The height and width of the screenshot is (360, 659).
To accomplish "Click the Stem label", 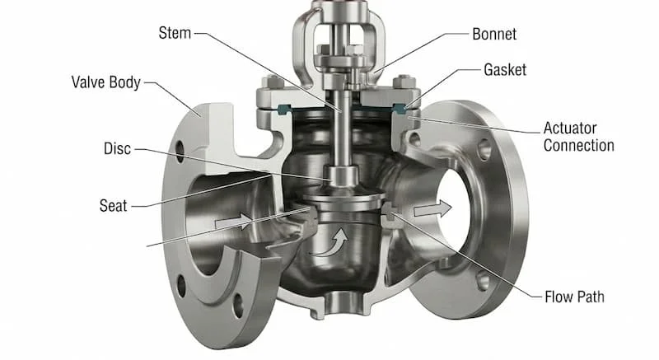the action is click(175, 33).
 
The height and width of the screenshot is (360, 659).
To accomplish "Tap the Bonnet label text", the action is click(494, 34).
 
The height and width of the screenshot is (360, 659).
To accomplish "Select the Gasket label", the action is click(505, 70).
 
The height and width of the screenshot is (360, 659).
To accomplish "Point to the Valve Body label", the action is click(106, 82).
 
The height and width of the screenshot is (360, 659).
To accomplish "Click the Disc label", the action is click(117, 149).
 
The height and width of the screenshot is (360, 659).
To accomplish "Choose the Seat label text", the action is click(113, 206).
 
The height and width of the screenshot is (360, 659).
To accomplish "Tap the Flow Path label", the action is click(574, 297).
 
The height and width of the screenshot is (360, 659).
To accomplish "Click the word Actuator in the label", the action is click(570, 129).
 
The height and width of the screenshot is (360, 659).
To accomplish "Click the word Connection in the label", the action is click(579, 145).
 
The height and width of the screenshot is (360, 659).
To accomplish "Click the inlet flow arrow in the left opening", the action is click(233, 222).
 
